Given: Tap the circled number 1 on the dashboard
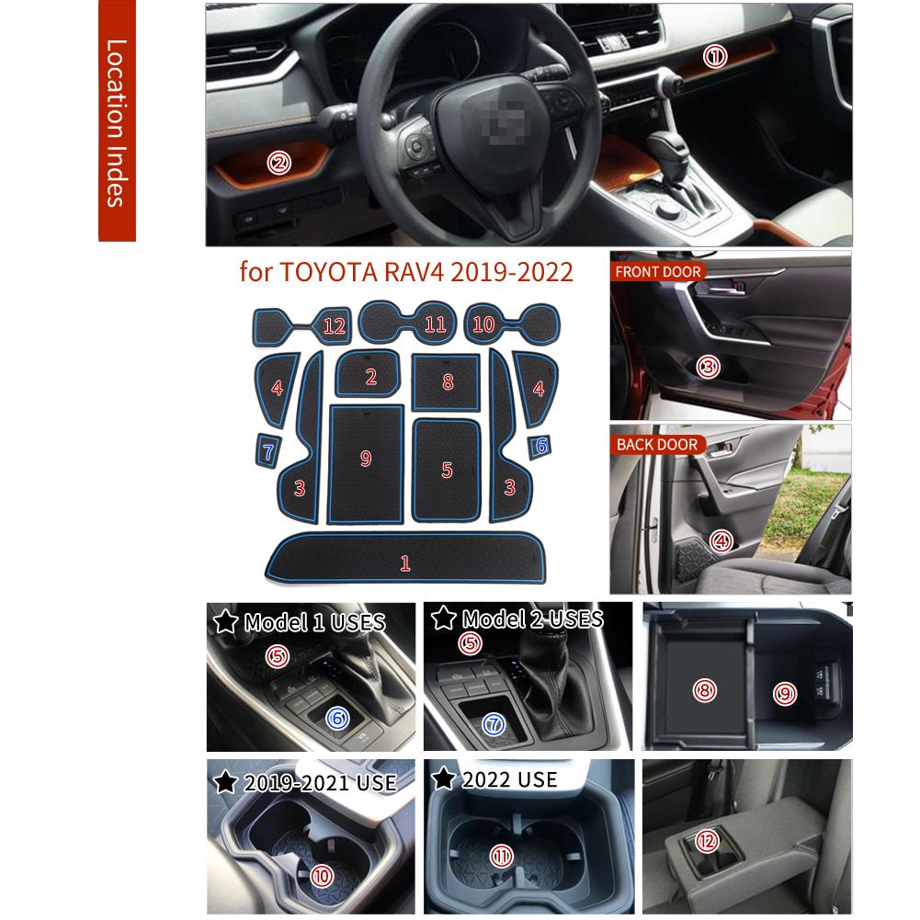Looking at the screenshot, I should point(715,57).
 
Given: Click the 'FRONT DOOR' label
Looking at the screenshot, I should point(659,272).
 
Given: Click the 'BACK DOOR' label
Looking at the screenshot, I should point(656,445).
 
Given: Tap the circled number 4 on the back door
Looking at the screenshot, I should point(721,540).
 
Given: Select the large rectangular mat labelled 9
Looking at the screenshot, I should point(367,459).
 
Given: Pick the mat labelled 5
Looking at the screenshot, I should point(448,470).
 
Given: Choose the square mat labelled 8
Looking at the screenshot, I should point(447,381).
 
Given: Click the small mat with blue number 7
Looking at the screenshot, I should point(267,451).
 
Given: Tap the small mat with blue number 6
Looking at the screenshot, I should point(540,446).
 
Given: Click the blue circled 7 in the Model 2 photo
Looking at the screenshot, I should point(494,724).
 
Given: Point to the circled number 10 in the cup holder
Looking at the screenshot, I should point(322,876).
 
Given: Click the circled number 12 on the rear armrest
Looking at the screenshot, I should point(706,840).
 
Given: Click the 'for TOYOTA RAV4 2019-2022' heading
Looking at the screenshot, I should point(406,272).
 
